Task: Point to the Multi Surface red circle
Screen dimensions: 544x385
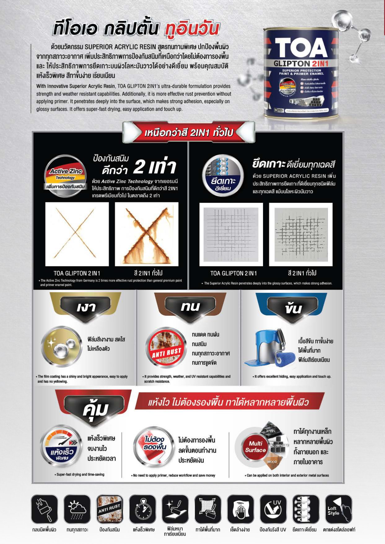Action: (255, 447)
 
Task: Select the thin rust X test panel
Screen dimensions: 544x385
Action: (77, 234)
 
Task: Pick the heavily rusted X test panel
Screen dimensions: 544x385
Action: (147, 234)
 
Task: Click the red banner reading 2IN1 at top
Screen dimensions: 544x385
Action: (189, 133)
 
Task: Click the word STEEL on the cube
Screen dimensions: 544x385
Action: (271, 431)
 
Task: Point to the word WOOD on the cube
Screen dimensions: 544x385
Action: (272, 462)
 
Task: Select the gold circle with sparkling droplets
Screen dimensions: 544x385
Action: (61, 347)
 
